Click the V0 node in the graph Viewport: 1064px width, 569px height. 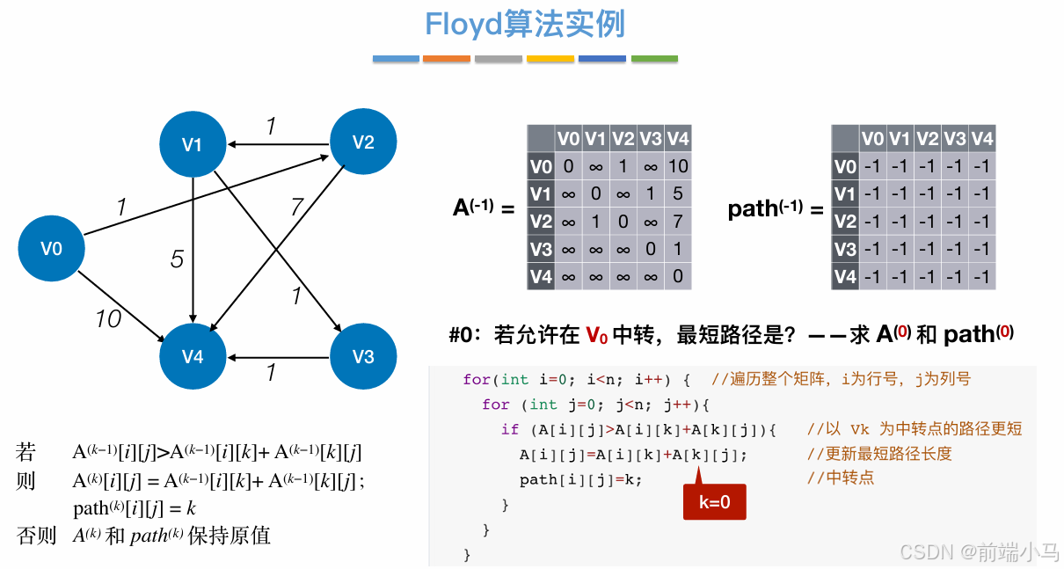click(52, 248)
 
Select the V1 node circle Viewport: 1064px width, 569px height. click(193, 144)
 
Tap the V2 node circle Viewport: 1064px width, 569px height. click(363, 142)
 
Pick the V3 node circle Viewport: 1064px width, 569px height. click(363, 356)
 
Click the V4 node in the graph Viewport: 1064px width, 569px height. click(193, 356)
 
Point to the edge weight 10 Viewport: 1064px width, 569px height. click(107, 319)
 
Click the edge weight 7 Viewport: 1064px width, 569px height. click(297, 208)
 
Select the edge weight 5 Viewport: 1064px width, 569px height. click(177, 259)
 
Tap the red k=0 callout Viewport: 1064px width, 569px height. click(714, 502)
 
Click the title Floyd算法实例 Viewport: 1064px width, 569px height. click(525, 25)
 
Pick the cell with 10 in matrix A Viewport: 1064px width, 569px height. click(678, 166)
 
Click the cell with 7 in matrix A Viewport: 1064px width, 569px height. click(678, 222)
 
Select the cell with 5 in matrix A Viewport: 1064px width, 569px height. click(678, 193)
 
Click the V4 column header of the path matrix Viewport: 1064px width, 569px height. click(982, 138)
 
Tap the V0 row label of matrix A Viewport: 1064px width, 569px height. click(541, 166)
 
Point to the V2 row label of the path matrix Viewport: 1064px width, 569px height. click(845, 222)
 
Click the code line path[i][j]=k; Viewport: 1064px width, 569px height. click(581, 479)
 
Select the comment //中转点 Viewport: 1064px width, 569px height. click(841, 478)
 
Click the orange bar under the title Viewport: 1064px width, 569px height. click(447, 59)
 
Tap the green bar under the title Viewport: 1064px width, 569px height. click(654, 59)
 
